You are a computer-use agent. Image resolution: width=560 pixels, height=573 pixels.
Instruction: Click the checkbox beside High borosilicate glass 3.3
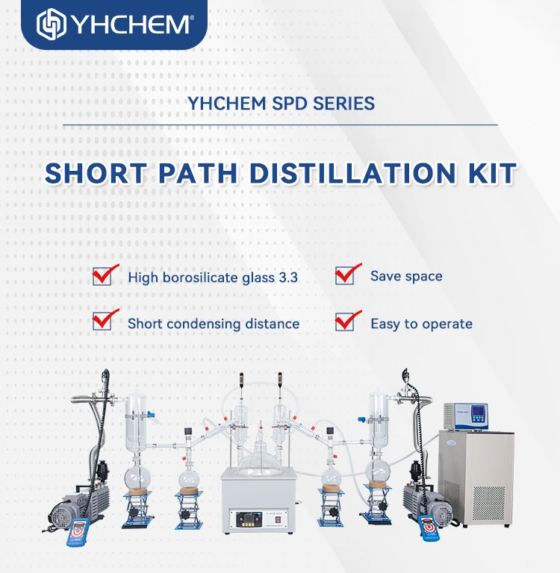click(102, 275)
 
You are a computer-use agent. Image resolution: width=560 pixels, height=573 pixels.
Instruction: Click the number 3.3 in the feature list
click(287, 278)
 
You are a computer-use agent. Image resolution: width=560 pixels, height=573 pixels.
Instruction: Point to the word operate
click(447, 324)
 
